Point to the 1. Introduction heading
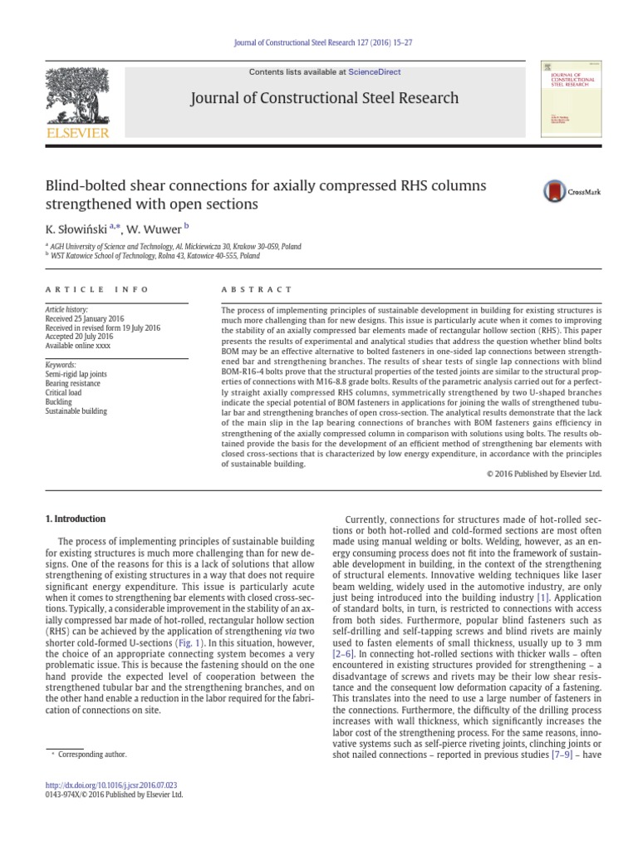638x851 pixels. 75,519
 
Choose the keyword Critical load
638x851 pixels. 63,392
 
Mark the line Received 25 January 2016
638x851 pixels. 84,319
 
